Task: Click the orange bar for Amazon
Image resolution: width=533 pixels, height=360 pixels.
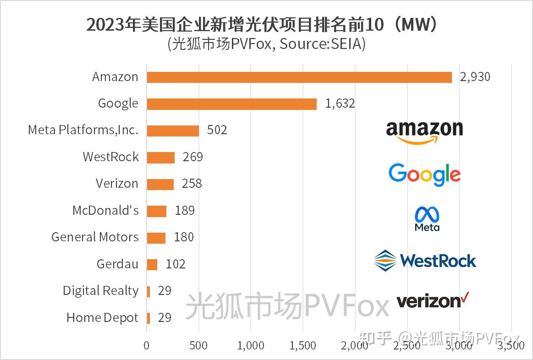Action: coord(299,77)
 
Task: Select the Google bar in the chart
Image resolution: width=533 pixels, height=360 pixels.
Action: coord(231,104)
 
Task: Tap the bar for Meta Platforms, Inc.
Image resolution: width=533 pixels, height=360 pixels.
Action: coord(173,131)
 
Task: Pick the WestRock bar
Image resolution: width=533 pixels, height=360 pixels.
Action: coord(160,157)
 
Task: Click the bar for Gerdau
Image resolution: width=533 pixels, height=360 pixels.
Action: coord(152,264)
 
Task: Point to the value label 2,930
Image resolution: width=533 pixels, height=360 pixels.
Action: coord(475,77)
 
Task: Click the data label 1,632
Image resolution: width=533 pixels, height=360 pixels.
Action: coord(340,104)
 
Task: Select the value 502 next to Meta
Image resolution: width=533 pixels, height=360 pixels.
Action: coord(217,131)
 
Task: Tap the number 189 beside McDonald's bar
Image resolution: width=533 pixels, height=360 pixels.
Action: coord(184,211)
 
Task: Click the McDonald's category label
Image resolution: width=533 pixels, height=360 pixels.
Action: coord(105,211)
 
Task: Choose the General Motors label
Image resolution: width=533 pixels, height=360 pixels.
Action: coord(95,237)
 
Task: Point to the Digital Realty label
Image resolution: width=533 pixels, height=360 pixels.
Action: coord(100,291)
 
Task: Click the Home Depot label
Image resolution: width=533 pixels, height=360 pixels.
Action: coord(102,318)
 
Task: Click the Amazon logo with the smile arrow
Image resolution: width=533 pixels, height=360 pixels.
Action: coord(424,132)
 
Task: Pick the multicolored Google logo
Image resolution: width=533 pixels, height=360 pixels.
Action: coord(424,175)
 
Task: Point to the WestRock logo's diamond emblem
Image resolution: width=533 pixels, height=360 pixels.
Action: coord(385,261)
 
